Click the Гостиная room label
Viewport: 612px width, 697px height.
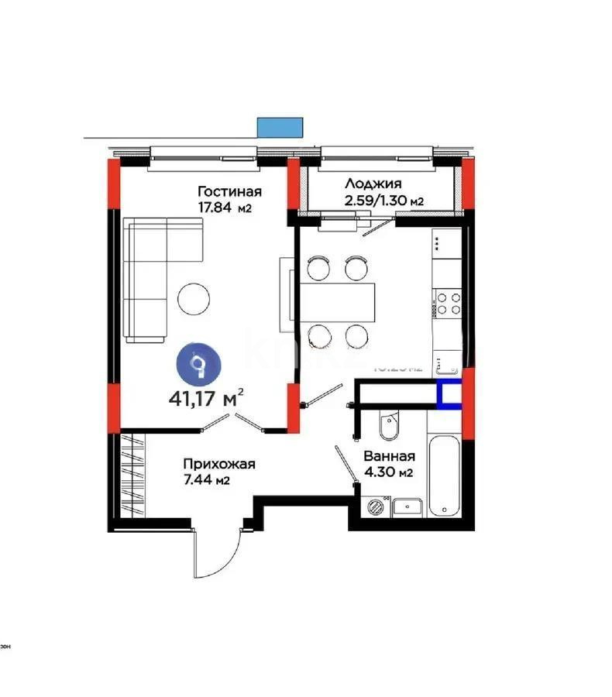point(229,191)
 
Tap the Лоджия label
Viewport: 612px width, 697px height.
point(373,184)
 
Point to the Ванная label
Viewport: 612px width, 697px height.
point(389,457)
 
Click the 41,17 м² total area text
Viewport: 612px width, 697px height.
point(206,400)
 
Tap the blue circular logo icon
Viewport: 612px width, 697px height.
point(200,365)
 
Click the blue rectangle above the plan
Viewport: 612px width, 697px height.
point(280,127)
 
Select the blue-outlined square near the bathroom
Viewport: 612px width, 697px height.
point(449,395)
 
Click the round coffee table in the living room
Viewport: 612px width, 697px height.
point(193,298)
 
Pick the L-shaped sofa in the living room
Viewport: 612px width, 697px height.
point(155,271)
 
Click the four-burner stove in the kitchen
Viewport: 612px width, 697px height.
point(448,302)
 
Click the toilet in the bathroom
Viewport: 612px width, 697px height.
point(387,426)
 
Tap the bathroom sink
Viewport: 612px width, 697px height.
point(407,507)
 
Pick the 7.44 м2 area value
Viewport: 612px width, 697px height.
point(206,481)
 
